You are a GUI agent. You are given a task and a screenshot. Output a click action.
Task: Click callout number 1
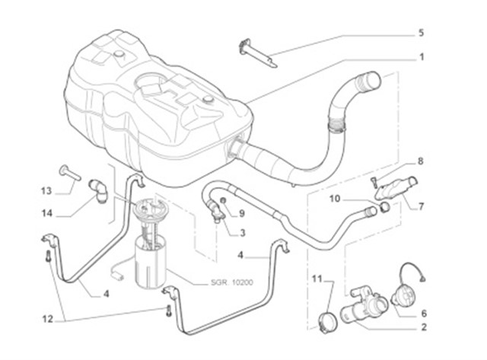(x=421, y=57)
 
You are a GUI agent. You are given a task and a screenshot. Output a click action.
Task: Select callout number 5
(x=421, y=33)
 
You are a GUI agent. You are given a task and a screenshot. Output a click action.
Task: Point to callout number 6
(x=423, y=312)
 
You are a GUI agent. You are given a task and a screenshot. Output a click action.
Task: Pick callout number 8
(x=419, y=161)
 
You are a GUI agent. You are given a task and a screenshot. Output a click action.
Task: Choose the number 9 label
(x=241, y=214)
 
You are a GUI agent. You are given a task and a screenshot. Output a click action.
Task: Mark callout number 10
(x=334, y=199)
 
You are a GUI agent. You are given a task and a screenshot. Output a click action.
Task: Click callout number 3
(x=241, y=233)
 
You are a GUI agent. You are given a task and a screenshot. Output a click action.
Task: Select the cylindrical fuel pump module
(x=151, y=259)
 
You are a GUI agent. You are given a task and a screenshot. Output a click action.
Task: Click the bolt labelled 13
(x=68, y=172)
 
